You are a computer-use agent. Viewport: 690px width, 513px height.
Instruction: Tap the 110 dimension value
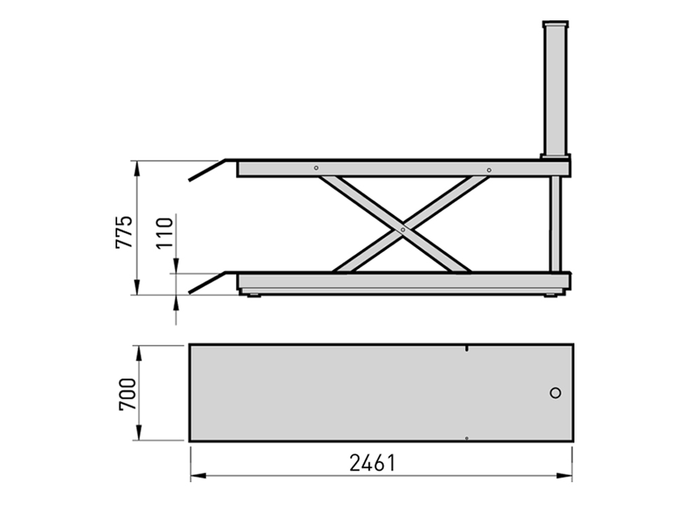click(164, 234)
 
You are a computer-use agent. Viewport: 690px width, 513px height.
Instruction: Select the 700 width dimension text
click(127, 394)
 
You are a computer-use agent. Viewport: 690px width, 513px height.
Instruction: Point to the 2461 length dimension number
click(373, 463)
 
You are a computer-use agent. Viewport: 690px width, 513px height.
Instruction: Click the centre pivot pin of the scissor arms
click(403, 228)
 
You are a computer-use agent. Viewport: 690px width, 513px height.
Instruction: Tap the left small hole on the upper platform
click(317, 168)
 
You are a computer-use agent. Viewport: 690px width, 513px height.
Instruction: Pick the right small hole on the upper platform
click(489, 170)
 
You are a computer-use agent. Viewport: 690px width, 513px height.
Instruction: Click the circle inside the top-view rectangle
click(556, 393)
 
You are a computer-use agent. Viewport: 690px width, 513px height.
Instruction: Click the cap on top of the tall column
click(556, 24)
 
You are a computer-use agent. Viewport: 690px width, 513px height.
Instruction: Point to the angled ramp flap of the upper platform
click(209, 170)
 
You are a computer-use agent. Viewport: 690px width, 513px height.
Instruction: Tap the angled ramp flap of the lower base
click(209, 282)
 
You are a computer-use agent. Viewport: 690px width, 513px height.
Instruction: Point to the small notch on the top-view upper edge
click(467, 347)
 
